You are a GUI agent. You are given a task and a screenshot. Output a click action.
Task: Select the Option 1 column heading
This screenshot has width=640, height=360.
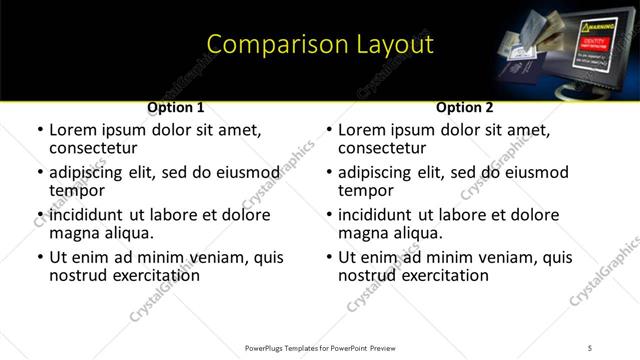[176, 107]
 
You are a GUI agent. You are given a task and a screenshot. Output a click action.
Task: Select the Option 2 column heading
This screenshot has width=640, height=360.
[465, 107]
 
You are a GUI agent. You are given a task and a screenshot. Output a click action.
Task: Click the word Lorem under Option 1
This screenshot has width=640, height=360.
[73, 130]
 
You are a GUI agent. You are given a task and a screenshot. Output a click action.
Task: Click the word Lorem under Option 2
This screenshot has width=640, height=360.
[362, 130]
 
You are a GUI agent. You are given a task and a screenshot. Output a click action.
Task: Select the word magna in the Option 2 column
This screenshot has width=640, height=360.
[363, 233]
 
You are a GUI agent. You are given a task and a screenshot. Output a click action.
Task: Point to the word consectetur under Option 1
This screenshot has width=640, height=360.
[98, 147]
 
